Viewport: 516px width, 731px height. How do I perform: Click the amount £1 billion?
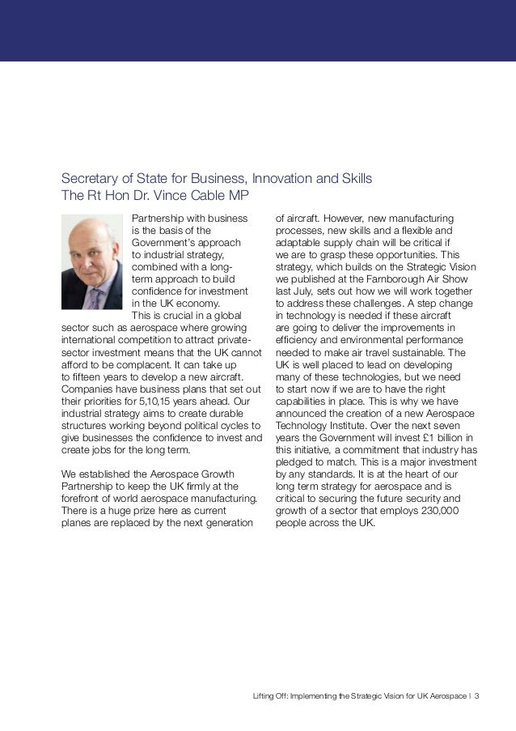429,438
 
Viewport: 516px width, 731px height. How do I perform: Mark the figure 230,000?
435,511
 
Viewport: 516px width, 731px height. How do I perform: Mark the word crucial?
179,316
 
